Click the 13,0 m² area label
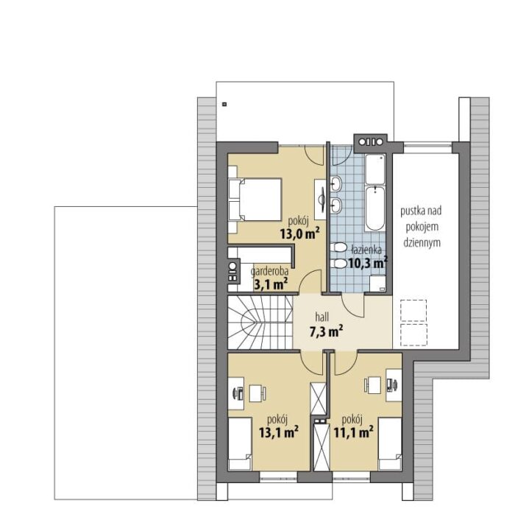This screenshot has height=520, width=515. coord(300,233)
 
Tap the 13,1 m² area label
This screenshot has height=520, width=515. coord(279,432)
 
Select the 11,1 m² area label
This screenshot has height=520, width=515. coord(353,432)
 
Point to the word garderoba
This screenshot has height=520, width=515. coord(269,271)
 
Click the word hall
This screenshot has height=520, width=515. coord(322,317)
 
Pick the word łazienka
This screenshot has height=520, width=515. coord(366,250)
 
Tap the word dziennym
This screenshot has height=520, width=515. coord(422,242)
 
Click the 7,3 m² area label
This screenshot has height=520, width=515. coord(326,331)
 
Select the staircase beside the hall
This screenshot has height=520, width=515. coord(260,323)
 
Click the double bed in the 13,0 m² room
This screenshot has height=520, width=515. coord(255,200)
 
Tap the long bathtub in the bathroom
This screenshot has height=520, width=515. coord(375,208)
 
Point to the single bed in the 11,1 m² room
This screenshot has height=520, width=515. coord(390,443)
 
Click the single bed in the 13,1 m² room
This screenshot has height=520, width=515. coord(240,443)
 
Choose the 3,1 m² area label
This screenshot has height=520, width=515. coord(270,284)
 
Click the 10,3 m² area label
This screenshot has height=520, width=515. coord(368,263)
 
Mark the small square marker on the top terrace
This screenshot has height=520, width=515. coord(224,104)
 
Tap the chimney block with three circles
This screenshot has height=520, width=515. coord(370,142)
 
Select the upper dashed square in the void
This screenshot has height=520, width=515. coord(413,310)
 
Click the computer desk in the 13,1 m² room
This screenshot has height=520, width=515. coord(236,393)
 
